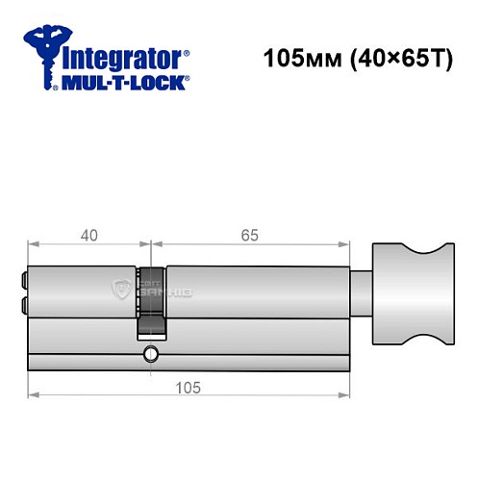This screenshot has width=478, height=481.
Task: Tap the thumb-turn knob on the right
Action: click(x=408, y=299)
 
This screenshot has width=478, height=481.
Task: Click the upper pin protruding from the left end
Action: click(x=24, y=282)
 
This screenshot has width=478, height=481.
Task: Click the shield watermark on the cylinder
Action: click(x=120, y=288)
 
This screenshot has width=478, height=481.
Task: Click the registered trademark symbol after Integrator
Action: click(x=187, y=51)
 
